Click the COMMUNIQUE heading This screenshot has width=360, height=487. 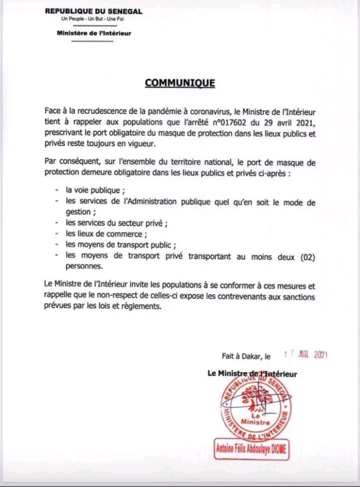pos(179,83)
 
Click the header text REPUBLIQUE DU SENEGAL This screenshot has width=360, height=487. pos(94,11)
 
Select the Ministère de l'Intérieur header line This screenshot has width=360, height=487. pos(94,33)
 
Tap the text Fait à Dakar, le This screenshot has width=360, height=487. pos(246,356)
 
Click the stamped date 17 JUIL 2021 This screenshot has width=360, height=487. pos(306,355)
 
